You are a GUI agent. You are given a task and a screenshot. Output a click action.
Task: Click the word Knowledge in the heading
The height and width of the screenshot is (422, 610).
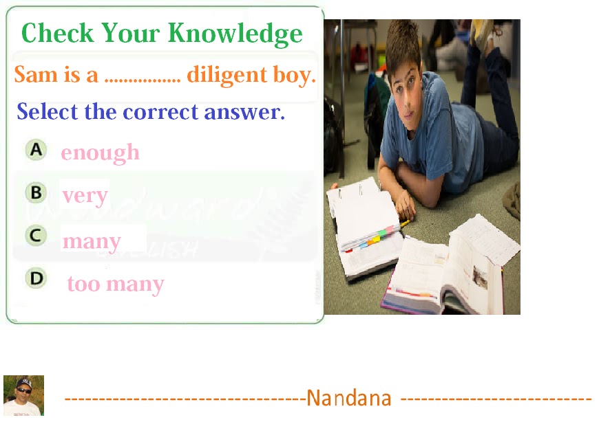pos(235,33)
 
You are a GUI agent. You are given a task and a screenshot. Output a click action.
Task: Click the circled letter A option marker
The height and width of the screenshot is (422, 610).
pos(36,149)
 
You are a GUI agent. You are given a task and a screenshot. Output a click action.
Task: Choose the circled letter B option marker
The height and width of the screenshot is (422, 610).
pos(36,192)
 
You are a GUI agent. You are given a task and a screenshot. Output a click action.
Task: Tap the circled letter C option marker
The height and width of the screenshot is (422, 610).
pos(36,236)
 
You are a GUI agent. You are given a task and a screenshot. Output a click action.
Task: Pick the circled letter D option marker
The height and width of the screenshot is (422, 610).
pos(36,278)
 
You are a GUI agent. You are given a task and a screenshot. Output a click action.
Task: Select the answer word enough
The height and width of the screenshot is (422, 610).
pos(101,153)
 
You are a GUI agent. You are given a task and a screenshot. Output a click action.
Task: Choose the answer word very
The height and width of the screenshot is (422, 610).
pos(85,196)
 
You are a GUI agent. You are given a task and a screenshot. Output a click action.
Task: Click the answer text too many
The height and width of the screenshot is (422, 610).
pos(116,284)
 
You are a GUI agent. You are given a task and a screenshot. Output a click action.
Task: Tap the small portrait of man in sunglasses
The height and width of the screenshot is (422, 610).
pos(23,395)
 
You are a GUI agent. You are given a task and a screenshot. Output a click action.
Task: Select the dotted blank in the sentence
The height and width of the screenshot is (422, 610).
pos(142,77)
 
